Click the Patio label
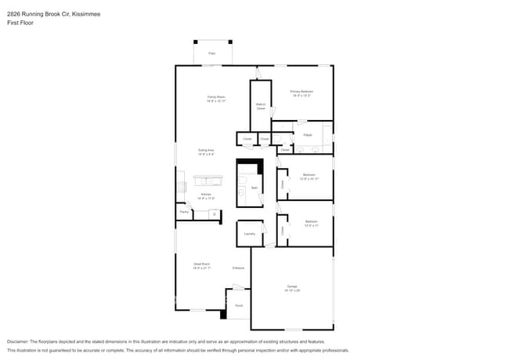pyautogui.click(x=211, y=53)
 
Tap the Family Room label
pyautogui.click(x=215, y=97)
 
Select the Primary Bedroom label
pyautogui.click(x=301, y=91)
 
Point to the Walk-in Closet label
pyautogui.click(x=260, y=106)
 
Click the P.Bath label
pyautogui.click(x=308, y=135)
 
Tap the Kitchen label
pyautogui.click(x=206, y=194)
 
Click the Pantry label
pyautogui.click(x=184, y=212)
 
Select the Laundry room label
pyautogui.click(x=249, y=234)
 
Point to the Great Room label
pyautogui.click(x=202, y=264)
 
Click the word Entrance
pyautogui.click(x=239, y=268)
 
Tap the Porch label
pyautogui.click(x=239, y=306)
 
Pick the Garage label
pyautogui.click(x=291, y=287)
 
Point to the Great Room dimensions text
pyautogui.click(x=202, y=268)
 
